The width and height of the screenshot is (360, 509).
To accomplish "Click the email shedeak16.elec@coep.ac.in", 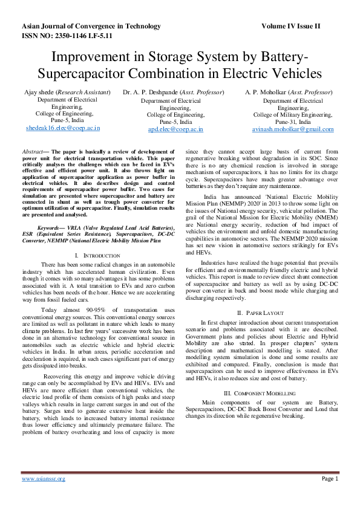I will point(63,128).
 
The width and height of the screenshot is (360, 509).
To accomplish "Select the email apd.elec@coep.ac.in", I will point(175,129).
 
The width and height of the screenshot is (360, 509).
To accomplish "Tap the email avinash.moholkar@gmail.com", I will point(293,129).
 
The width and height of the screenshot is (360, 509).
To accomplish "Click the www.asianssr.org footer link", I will point(44,479).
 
